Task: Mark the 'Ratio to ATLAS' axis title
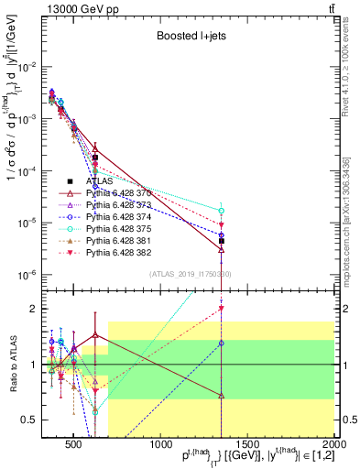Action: point(11,365)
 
